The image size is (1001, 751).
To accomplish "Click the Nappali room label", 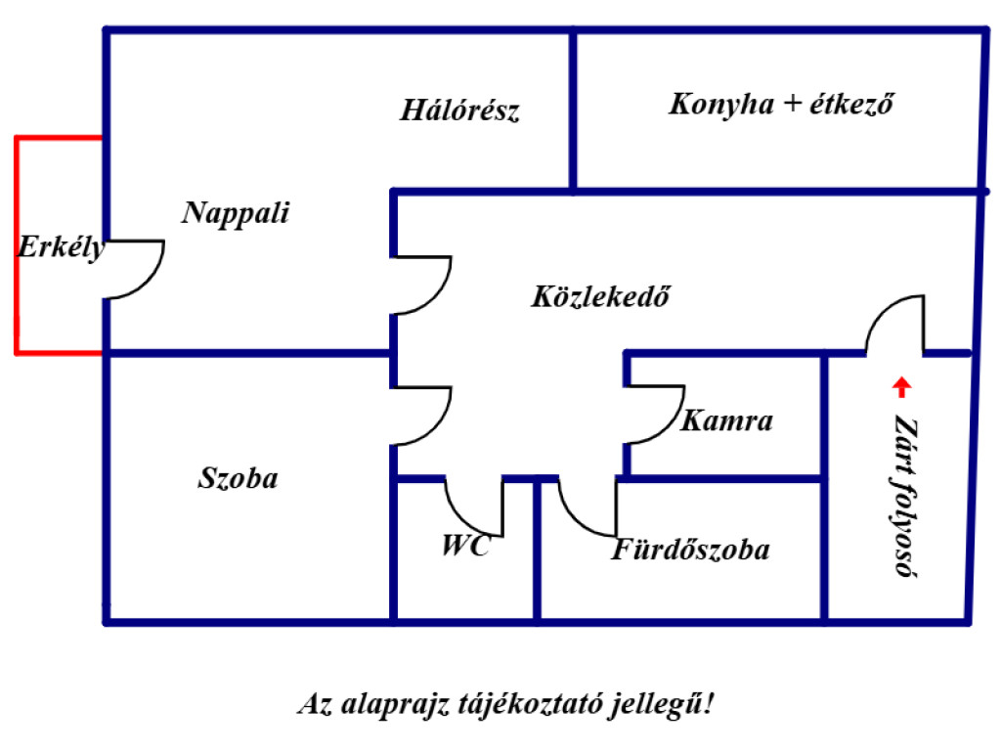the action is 236,213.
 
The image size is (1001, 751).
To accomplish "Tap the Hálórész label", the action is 459,110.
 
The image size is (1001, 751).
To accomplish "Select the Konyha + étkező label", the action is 781,104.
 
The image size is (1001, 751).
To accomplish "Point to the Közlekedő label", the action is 601,296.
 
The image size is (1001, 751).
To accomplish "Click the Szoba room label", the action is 239,478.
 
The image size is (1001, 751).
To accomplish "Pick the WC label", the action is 466,546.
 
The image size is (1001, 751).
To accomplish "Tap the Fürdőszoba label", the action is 690,550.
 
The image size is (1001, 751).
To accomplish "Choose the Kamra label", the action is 727,420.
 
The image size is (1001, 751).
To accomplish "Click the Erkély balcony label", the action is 61,247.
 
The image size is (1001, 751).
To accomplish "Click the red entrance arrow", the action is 901,387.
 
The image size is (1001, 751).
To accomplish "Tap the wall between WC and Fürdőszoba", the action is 538,550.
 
